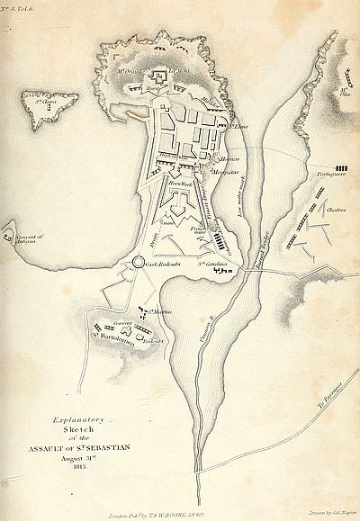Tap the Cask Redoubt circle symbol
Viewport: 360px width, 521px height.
(x=138, y=262)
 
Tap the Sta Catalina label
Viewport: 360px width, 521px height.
(x=209, y=266)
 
